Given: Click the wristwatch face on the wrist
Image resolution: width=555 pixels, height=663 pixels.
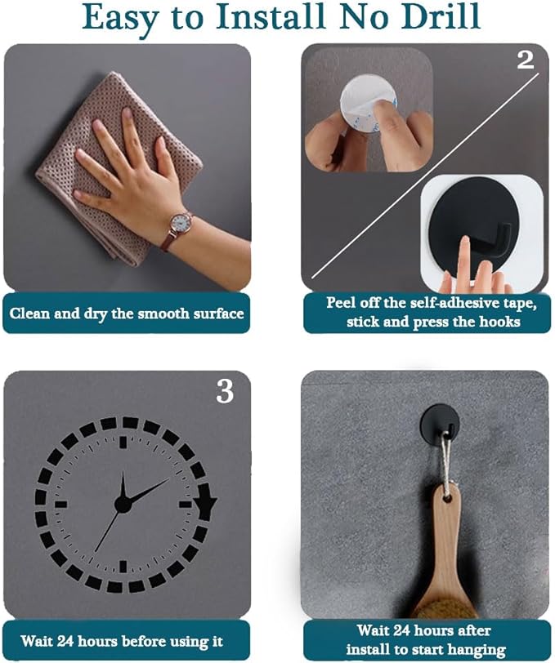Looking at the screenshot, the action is pyautogui.click(x=180, y=223).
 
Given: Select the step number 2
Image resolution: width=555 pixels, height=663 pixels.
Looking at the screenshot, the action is pyautogui.click(x=526, y=60).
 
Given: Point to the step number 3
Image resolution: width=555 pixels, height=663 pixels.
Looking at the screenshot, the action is pyautogui.click(x=225, y=391).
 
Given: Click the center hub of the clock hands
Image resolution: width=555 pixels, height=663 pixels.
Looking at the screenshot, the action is pyautogui.click(x=123, y=504).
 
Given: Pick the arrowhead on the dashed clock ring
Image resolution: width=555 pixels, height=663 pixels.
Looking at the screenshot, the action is pyautogui.click(x=206, y=502).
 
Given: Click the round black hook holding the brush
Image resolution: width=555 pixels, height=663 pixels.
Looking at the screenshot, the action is pyautogui.click(x=440, y=424).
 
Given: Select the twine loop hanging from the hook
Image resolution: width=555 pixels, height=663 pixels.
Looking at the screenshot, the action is pyautogui.click(x=446, y=461).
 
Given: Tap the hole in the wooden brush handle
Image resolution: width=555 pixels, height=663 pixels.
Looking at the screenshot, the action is pyautogui.click(x=446, y=497).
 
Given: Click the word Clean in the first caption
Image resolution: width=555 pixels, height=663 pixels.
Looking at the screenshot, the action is pyautogui.click(x=29, y=314).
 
